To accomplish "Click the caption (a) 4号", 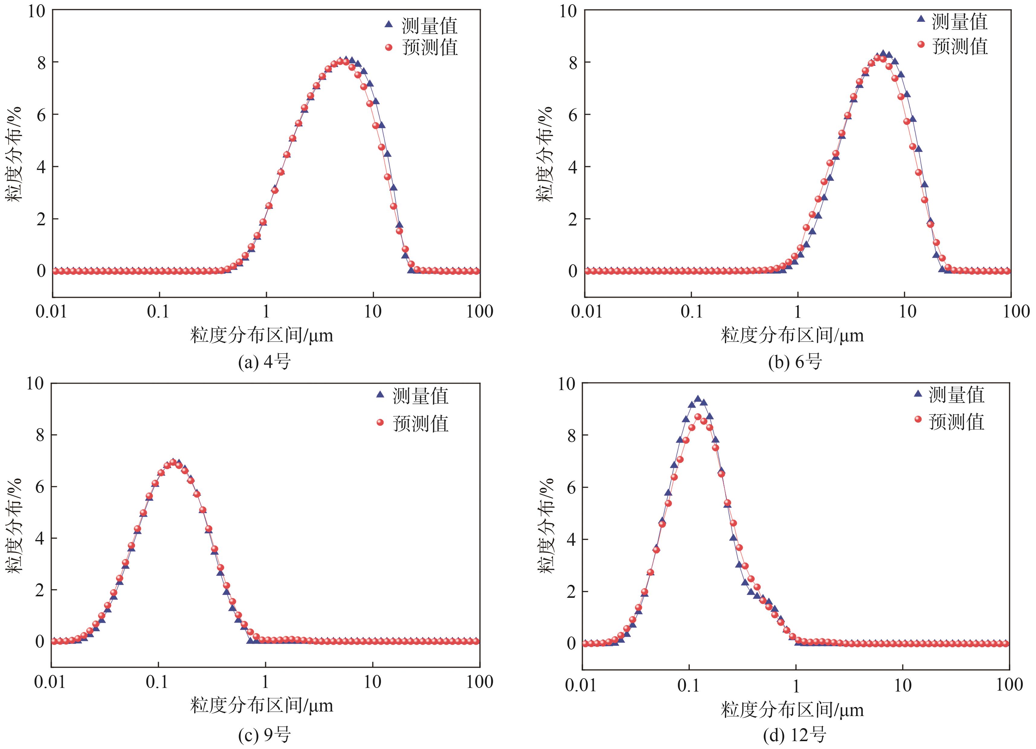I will [x=265, y=363].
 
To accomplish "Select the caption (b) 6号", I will [x=795, y=363].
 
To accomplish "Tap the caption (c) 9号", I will [x=265, y=735].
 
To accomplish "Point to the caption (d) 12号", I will [x=795, y=735].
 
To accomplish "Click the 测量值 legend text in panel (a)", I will [x=430, y=26].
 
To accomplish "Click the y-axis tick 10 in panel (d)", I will [x=567, y=384].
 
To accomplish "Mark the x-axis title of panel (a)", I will [x=262, y=336].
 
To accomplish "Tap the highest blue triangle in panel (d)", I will [x=697, y=399].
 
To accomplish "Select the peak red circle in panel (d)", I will [x=697, y=417].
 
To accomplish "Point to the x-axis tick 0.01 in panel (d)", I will [x=581, y=686].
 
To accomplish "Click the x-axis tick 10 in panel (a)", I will [x=373, y=312].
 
